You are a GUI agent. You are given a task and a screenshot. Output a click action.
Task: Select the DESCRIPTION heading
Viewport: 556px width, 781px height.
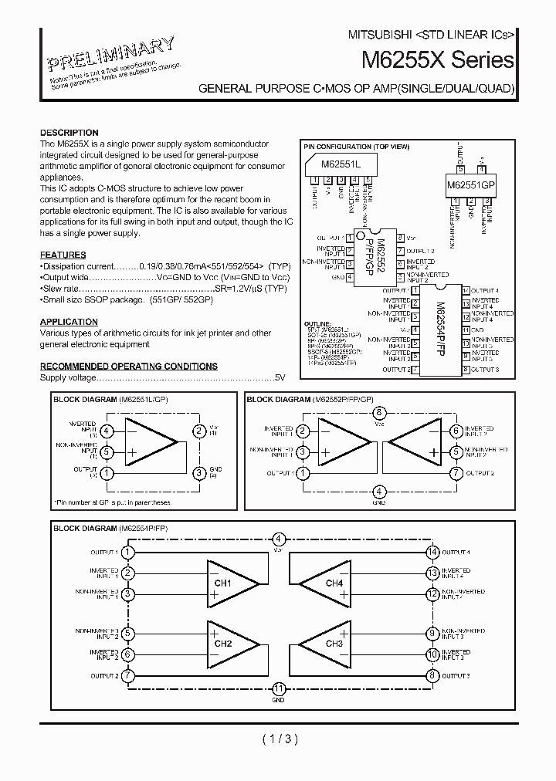pyautogui.click(x=69, y=133)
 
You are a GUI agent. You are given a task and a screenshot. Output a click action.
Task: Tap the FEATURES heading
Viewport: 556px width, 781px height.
pyautogui.click(x=63, y=255)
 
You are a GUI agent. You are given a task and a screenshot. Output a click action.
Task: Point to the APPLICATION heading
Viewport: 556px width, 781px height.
pyautogui.click(x=68, y=322)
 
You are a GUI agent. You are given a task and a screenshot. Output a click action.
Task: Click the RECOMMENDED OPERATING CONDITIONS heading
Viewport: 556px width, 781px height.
pyautogui.click(x=128, y=367)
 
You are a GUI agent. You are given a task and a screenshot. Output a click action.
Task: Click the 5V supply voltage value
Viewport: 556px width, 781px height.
pyautogui.click(x=280, y=378)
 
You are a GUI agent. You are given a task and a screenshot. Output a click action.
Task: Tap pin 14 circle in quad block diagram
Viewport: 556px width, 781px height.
pyautogui.click(x=433, y=552)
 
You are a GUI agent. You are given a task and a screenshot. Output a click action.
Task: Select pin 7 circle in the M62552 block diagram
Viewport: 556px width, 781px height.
pyautogui.click(x=456, y=473)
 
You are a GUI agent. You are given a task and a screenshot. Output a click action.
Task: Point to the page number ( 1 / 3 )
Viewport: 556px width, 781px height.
pyautogui.click(x=279, y=739)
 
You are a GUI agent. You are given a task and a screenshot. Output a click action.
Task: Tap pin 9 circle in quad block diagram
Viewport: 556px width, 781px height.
pyautogui.click(x=433, y=634)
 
